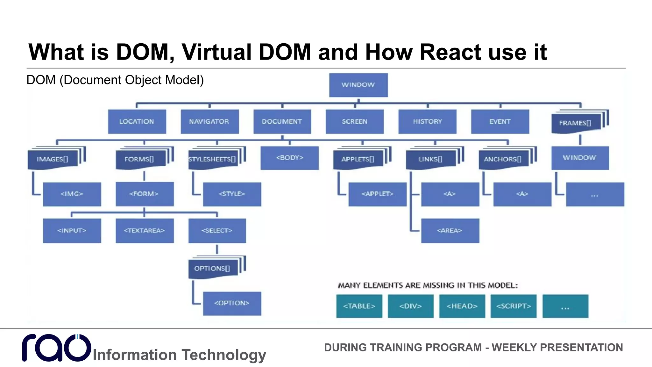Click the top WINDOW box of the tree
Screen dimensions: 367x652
coord(358,85)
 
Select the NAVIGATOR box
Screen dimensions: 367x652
coord(209,121)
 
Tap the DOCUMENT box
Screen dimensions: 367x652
coord(282,121)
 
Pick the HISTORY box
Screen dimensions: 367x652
coord(427,121)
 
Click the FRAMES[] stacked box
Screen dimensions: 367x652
coord(576,123)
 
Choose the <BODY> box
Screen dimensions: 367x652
coord(289,158)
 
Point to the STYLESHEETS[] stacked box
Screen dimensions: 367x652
coord(212,159)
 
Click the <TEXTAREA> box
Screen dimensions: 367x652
coord(145,230)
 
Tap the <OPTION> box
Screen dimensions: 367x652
coord(232,303)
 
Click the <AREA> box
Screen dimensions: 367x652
coord(450,230)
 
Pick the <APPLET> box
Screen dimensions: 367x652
coord(377,194)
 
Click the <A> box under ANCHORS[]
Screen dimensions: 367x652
coord(522,194)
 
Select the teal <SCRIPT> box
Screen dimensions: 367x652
coord(513,306)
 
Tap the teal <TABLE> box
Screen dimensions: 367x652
coord(359,306)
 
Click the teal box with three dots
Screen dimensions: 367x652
coord(565,306)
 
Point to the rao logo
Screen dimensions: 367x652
coord(57,348)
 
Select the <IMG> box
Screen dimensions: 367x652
coord(72,194)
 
